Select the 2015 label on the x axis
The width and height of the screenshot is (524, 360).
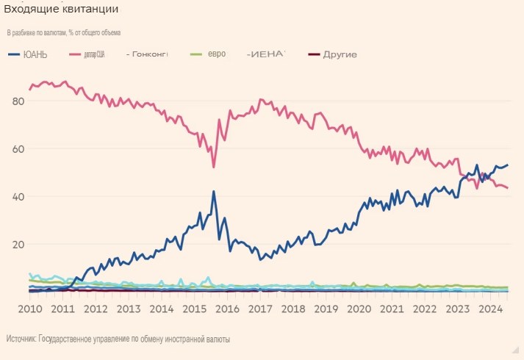195,309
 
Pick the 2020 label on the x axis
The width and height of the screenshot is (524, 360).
359,309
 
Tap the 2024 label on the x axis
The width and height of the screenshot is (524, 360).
490,309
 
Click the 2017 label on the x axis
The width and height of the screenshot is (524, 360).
261,309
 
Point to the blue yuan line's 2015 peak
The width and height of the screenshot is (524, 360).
214,192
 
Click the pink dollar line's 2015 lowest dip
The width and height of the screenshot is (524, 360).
214,167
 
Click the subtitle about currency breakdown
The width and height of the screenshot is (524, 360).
64,32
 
